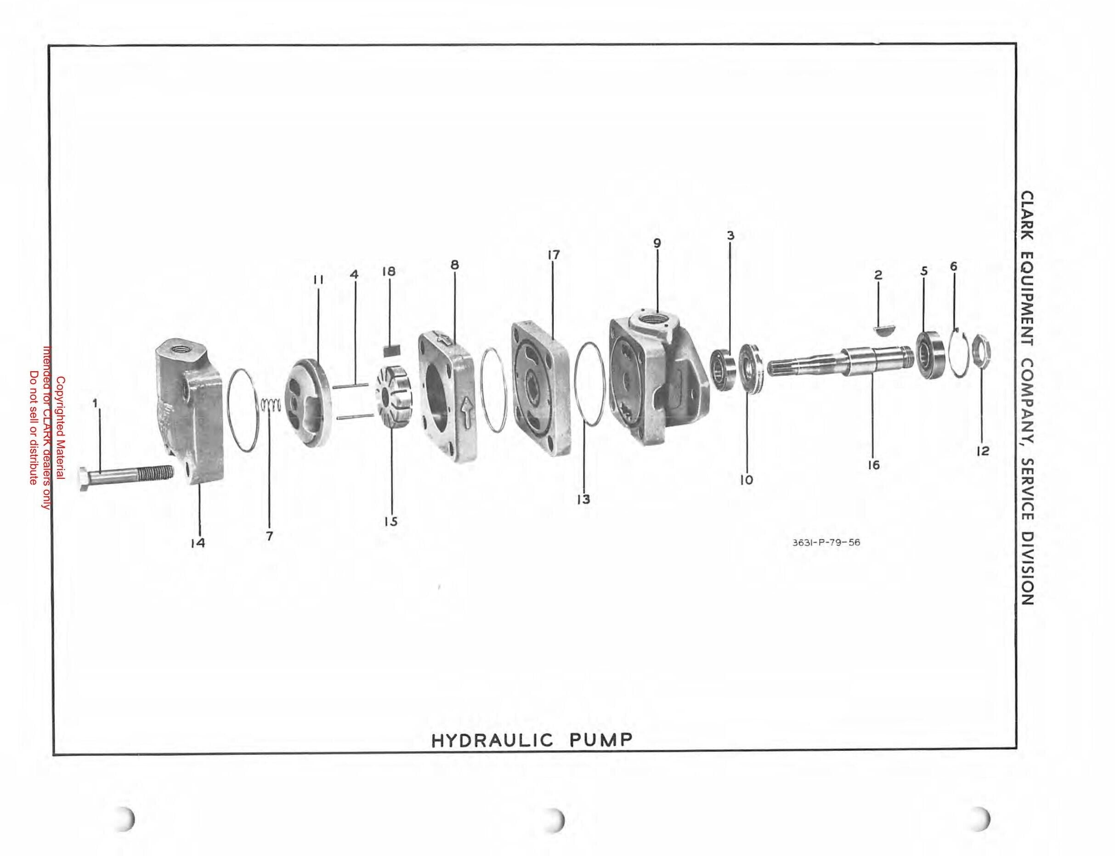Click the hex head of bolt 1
pyautogui.click(x=84, y=480)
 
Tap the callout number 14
pyautogui.click(x=198, y=543)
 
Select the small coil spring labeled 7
pyautogui.click(x=271, y=406)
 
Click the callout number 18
pyautogui.click(x=389, y=271)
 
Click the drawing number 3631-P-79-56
pyautogui.click(x=826, y=542)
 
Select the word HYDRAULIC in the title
pyautogui.click(x=492, y=740)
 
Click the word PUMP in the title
pyautogui.click(x=600, y=740)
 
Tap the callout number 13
pyautogui.click(x=584, y=499)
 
